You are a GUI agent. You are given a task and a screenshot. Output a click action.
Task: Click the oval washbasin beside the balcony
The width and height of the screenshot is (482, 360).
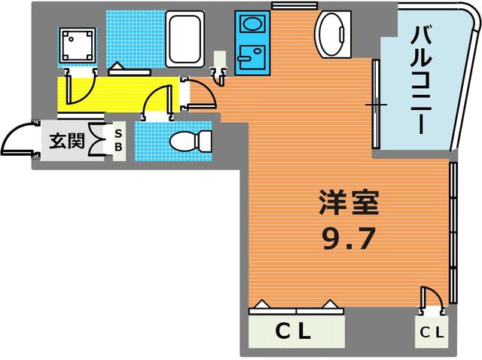(x=333, y=35)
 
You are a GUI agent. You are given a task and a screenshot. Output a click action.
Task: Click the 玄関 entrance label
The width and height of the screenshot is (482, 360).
(x=66, y=141)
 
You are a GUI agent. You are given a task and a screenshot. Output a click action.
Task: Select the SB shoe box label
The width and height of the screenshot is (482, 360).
(x=117, y=142)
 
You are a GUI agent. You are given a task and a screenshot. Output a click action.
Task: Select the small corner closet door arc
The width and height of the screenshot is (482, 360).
(x=430, y=297)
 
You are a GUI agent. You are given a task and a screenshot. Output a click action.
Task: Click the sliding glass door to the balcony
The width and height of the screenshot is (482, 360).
(x=374, y=105)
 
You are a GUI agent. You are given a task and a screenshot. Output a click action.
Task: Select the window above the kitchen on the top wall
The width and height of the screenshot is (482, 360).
(x=284, y=6)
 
